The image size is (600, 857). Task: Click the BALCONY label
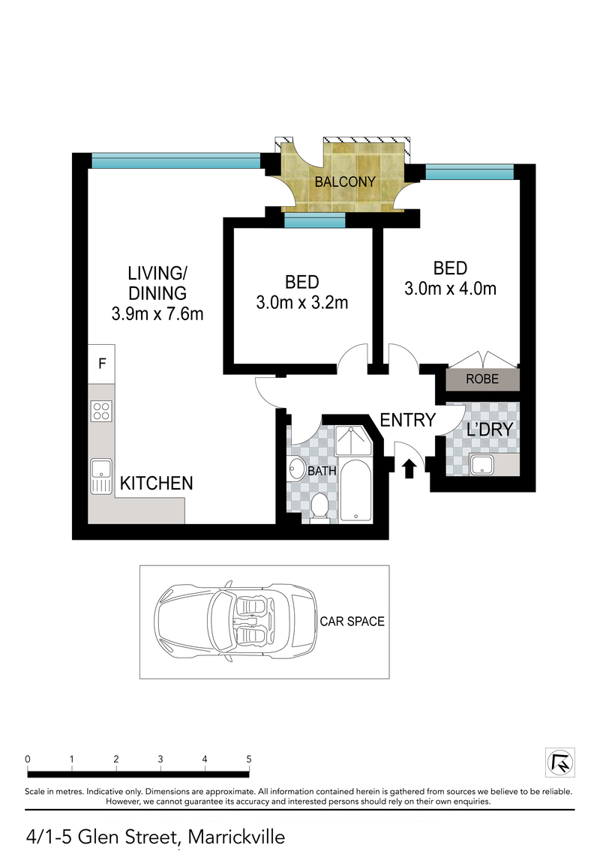pos(344,181)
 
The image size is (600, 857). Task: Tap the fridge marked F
pos(102,364)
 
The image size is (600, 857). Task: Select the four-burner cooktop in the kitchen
pos(101,411)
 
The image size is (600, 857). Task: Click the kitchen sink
pos(101,475)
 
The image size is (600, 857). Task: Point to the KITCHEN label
pos(157,483)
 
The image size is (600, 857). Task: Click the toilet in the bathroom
pos(318,505)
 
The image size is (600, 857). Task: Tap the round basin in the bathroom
pos(297,469)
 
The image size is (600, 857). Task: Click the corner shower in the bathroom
pos(353,441)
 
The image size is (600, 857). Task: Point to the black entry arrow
pos(409,469)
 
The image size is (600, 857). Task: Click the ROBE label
pos(482,379)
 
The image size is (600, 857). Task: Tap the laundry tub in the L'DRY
pos(481,465)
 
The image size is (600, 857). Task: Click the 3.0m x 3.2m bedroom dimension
pos(302,302)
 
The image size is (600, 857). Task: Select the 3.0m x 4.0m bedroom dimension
pos(450,289)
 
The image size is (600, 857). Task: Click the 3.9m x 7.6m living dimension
pos(157,313)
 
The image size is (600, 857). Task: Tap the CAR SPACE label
pos(352,622)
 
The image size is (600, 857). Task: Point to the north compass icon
pos(560,763)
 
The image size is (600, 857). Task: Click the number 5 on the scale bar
pos(249,760)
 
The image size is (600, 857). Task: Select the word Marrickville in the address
pos(236,838)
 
